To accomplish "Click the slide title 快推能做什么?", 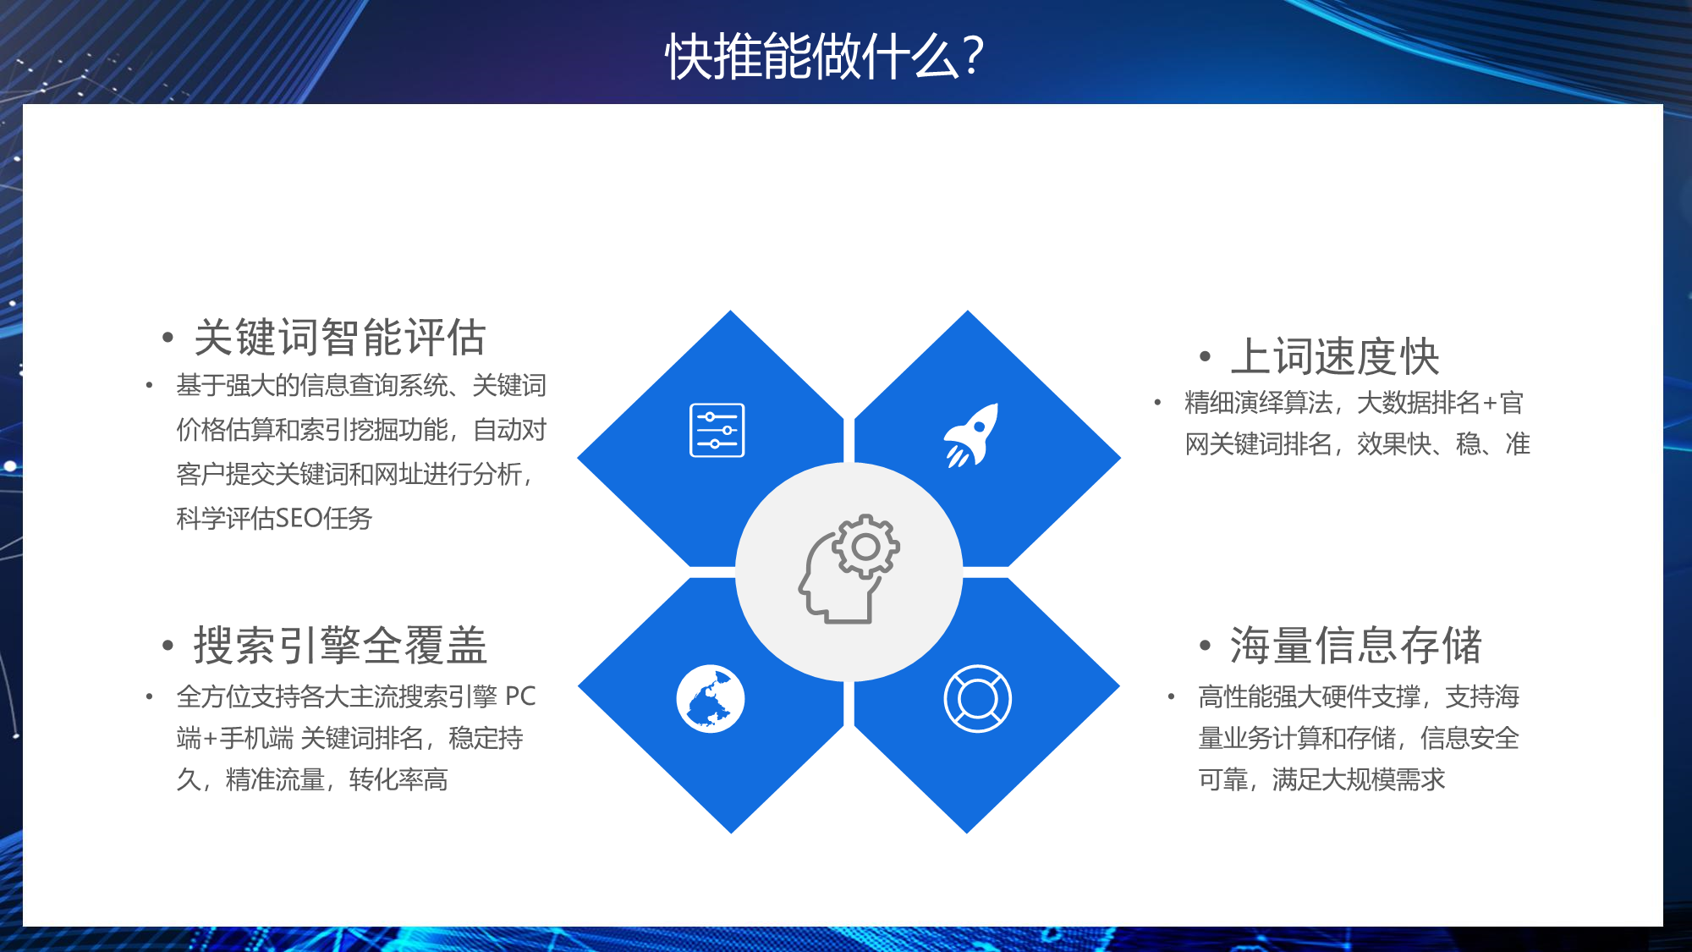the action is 824,57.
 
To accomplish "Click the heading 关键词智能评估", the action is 340,338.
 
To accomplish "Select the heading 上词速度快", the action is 1335,356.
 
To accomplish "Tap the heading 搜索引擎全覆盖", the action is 340,646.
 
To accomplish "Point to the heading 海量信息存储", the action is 1356,646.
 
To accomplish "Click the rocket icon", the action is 971,435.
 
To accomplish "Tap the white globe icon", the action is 711,699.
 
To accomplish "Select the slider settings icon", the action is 717,430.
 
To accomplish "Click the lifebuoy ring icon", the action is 977,698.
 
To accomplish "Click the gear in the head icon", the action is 865,547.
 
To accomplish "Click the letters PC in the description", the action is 520,696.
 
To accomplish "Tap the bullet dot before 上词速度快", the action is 1205,357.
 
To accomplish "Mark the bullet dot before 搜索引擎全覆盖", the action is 168,647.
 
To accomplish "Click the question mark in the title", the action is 973,57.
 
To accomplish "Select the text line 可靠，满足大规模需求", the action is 1321,779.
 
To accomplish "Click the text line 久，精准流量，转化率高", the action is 312,779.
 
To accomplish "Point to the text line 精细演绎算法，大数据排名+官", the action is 1354,403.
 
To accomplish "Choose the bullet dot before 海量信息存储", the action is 1205,647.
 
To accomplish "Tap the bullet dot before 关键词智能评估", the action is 168,338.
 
